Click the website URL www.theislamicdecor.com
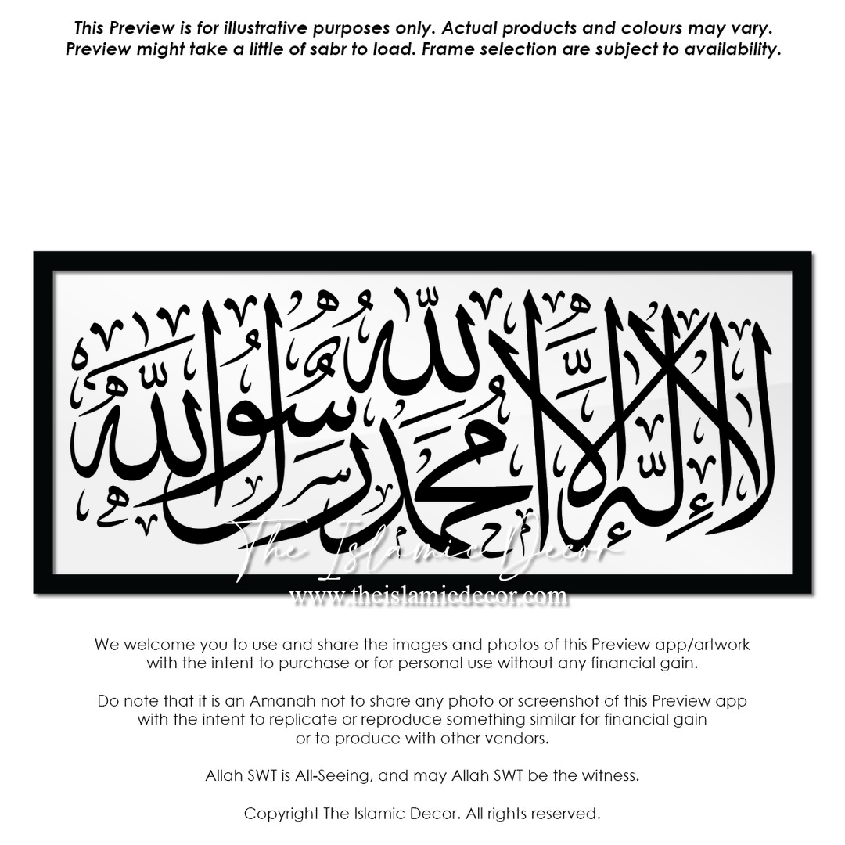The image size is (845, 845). (428, 596)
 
